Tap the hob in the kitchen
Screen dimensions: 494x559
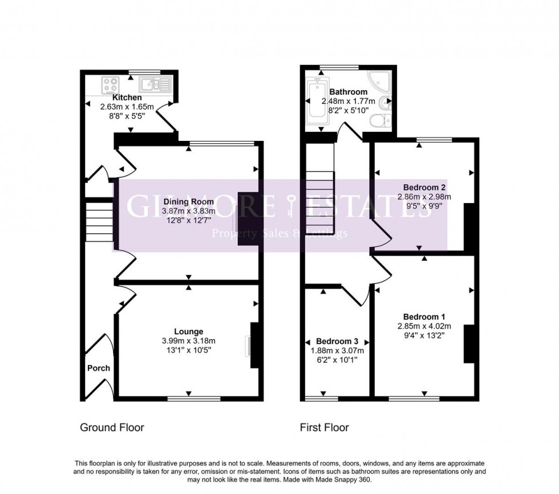pyautogui.click(x=111, y=86)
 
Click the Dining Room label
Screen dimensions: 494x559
pyautogui.click(x=188, y=201)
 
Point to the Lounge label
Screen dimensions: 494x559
pyautogui.click(x=189, y=331)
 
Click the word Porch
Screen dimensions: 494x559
pyautogui.click(x=98, y=368)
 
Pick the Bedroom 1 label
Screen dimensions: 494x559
pyautogui.click(x=424, y=317)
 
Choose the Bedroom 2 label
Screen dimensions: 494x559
pyautogui.click(x=424, y=187)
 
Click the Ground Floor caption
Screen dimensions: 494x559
pyautogui.click(x=112, y=427)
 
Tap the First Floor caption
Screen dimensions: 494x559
pyautogui.click(x=325, y=427)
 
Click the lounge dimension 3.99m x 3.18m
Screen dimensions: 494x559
pyautogui.click(x=189, y=341)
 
